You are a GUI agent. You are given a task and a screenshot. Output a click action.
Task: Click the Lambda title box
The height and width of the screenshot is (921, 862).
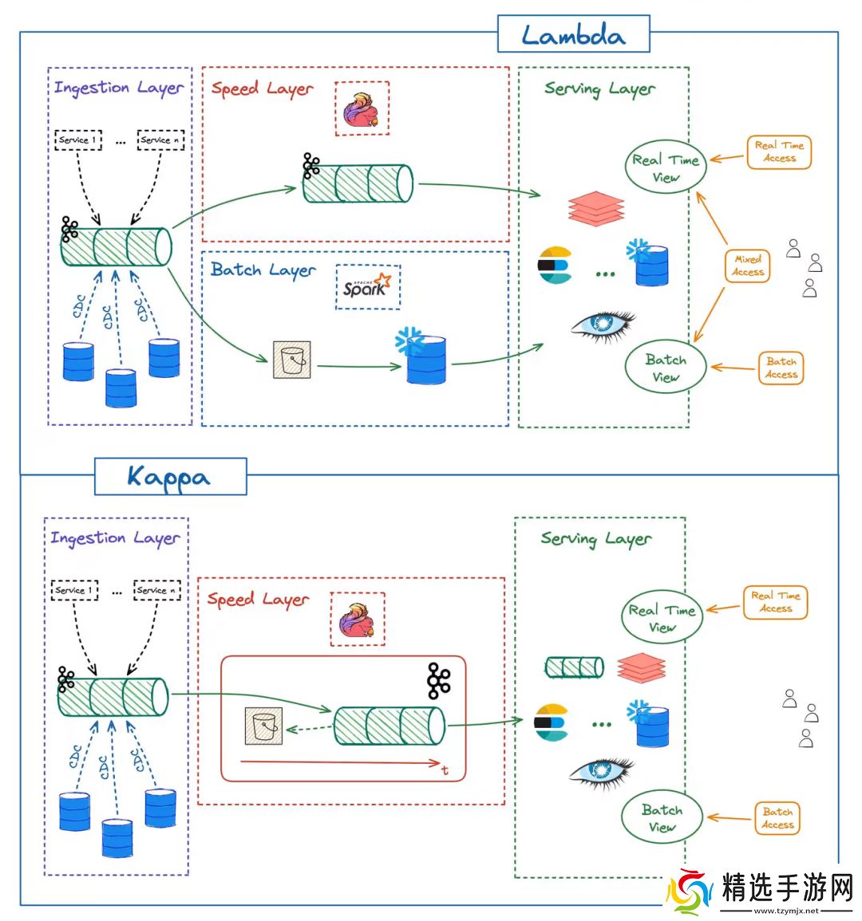click(573, 35)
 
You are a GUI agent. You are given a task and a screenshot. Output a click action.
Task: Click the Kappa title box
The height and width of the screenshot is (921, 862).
click(170, 477)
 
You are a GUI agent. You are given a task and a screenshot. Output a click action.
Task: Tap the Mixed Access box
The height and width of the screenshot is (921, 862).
click(748, 266)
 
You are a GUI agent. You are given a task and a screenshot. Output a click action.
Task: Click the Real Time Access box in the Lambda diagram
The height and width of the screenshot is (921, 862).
click(779, 152)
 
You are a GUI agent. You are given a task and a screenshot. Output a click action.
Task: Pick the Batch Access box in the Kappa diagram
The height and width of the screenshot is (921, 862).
click(777, 818)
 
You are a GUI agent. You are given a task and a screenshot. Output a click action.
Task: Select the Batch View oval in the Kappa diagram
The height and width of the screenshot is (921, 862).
click(662, 817)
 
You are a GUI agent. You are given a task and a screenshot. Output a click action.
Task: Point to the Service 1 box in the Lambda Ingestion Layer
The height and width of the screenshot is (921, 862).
click(78, 140)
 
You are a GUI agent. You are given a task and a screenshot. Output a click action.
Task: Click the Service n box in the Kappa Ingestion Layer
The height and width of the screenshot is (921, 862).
click(156, 590)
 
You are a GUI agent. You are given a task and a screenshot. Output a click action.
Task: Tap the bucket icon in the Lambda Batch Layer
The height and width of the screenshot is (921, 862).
click(291, 360)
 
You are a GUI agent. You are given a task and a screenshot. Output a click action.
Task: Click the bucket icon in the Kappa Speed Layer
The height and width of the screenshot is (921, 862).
click(264, 726)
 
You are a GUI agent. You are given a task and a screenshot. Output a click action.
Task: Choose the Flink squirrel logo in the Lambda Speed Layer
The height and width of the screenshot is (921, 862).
click(362, 109)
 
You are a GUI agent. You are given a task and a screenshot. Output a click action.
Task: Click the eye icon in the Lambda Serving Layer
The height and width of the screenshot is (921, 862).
click(603, 325)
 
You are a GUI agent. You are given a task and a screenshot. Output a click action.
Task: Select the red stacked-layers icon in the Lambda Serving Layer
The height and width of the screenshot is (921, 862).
click(596, 208)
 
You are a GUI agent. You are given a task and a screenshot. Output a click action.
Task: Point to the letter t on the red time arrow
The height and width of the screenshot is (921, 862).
click(445, 770)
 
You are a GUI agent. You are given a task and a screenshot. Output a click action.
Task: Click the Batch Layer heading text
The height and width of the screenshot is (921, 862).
click(263, 270)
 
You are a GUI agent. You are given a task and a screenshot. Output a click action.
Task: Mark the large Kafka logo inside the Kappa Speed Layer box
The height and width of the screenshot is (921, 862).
click(438, 680)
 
